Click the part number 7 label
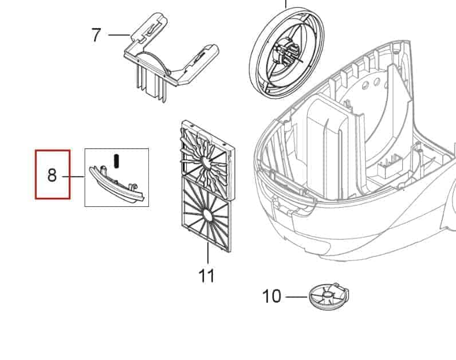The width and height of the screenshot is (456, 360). (96, 35)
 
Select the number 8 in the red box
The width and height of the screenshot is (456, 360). (52, 175)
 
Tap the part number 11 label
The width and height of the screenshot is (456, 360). (206, 276)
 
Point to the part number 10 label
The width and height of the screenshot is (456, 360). (272, 296)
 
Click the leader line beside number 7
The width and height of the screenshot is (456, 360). (119, 35)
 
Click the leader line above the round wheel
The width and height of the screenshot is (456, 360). (286, 5)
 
